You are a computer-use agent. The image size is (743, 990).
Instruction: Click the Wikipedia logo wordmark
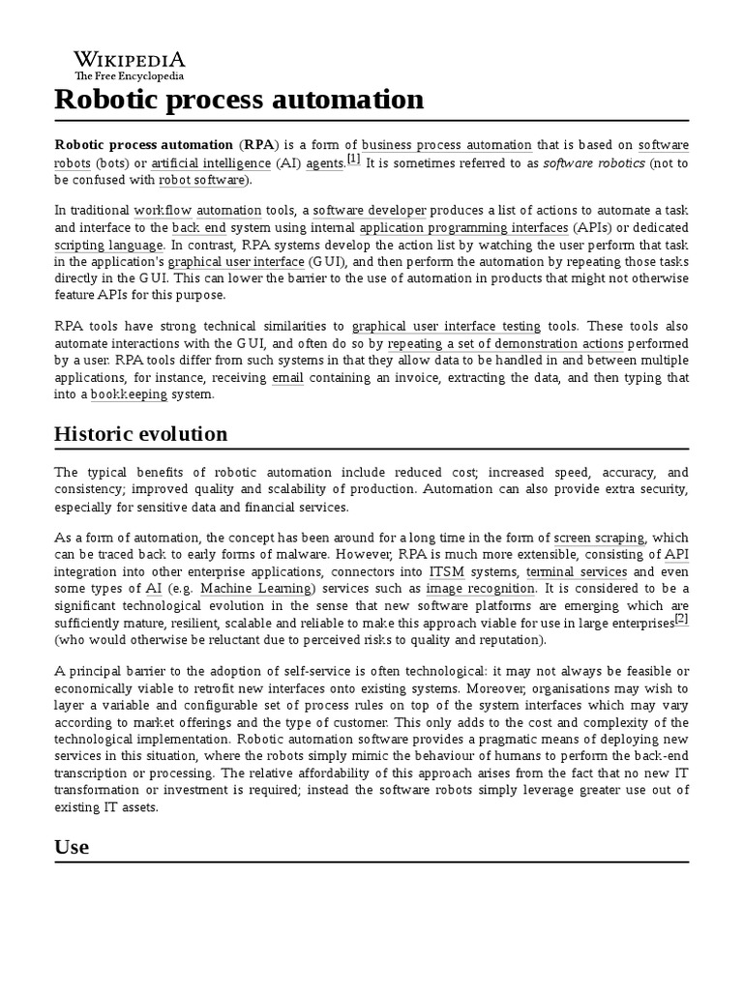point(130,60)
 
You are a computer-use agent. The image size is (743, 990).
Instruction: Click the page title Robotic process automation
point(239,99)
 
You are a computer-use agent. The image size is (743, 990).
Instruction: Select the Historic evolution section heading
point(141,433)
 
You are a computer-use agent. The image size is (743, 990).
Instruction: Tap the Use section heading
point(72,847)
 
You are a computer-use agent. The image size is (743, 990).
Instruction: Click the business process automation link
point(447,145)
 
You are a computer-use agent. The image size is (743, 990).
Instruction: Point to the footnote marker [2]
point(681,620)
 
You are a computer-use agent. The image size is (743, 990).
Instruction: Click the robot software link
point(201,180)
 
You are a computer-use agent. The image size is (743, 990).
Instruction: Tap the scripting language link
point(109,246)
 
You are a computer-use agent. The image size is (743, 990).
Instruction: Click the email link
point(288,378)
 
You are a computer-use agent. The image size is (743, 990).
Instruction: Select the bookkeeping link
point(129,394)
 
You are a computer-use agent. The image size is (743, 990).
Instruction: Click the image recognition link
point(480,589)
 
